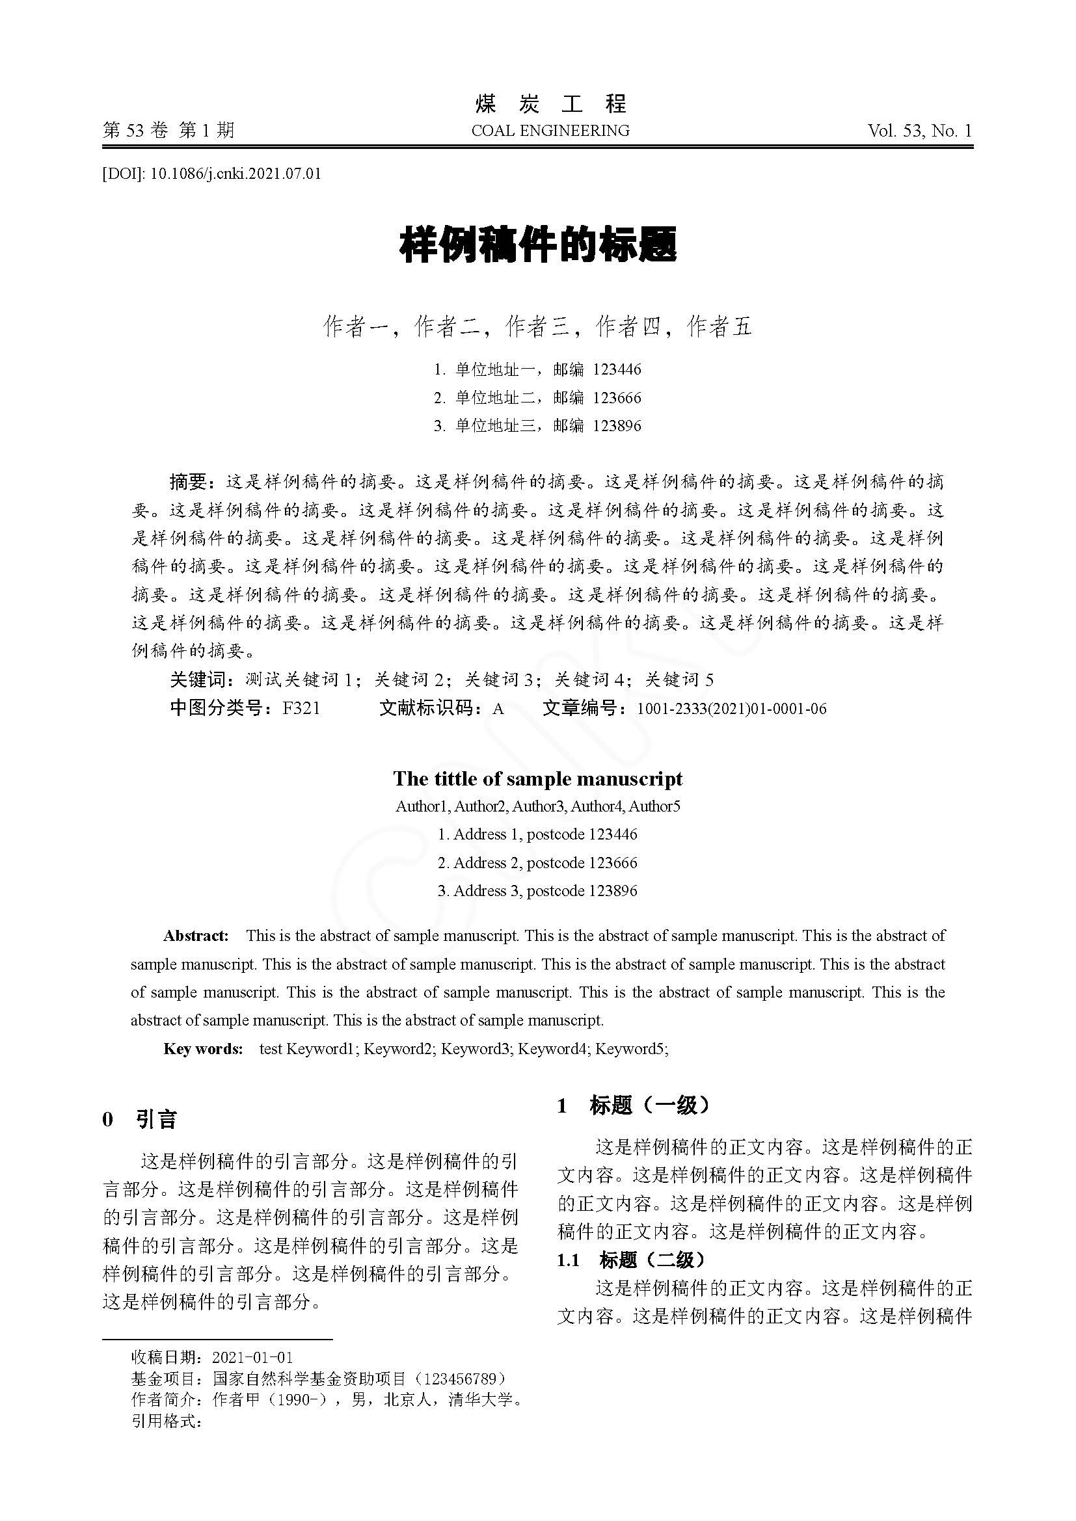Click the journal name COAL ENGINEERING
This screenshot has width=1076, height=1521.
550,131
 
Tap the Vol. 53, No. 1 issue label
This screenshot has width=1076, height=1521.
919,131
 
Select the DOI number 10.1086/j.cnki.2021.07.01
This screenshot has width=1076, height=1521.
236,174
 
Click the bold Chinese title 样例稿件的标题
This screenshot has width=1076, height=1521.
537,246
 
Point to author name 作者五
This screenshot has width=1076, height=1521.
720,326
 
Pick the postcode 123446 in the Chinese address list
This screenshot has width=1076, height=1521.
617,369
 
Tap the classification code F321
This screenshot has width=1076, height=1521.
301,708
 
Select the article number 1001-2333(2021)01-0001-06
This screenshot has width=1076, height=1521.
731,709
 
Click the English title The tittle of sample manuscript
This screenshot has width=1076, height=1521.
537,778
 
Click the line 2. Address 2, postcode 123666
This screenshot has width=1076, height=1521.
537,862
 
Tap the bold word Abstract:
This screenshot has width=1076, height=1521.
196,935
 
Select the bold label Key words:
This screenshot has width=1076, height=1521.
204,1048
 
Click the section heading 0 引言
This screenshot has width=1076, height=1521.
140,1119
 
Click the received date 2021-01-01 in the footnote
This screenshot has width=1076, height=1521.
252,1357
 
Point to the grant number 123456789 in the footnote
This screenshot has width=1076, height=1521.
459,1379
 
